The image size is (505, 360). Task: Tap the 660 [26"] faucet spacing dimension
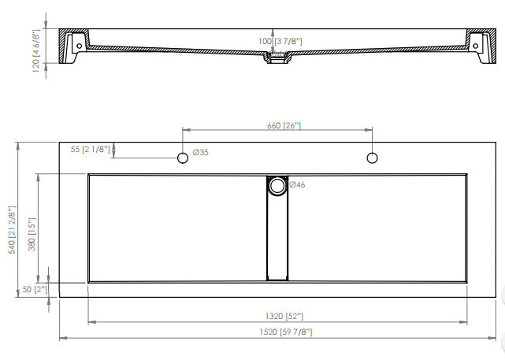tap(277, 125)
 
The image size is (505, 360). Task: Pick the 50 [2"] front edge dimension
tap(35, 290)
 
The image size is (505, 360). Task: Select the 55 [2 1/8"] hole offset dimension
tap(91, 148)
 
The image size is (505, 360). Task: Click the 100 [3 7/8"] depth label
tap(280, 41)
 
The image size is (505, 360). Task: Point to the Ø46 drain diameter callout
tap(298, 185)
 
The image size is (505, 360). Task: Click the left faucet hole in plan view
tap(183, 158)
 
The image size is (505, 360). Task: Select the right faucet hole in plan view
tap(372, 158)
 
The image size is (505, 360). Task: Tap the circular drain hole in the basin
tap(277, 186)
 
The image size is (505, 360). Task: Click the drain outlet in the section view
tap(277, 59)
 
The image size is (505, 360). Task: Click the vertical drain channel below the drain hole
tap(277, 236)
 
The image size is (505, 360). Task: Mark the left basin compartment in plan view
tap(177, 228)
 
